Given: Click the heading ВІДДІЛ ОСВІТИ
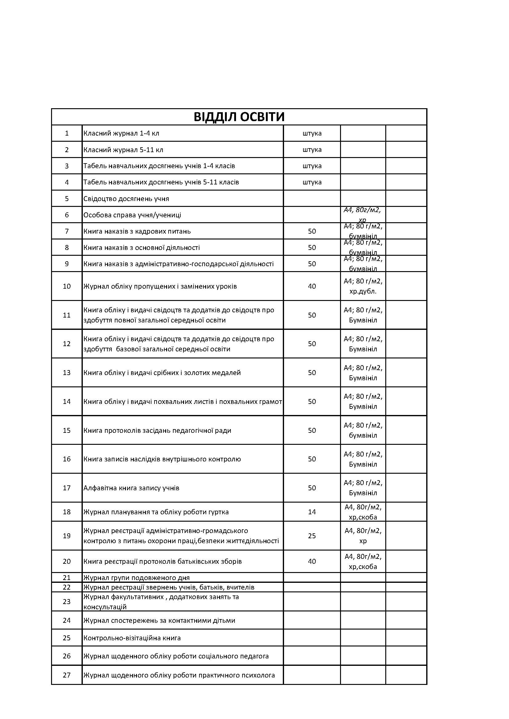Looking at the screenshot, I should pyautogui.click(x=239, y=117).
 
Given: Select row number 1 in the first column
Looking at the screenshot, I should pyautogui.click(x=67, y=133).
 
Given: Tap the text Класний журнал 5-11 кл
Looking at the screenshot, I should pyautogui.click(x=123, y=150).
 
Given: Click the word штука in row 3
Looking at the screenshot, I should pyautogui.click(x=312, y=166).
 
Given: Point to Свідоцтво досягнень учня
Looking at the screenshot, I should pyautogui.click(x=126, y=199).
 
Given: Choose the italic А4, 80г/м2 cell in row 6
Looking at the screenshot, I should pyautogui.click(x=363, y=214).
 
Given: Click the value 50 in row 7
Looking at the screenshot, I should pyautogui.click(x=312, y=231).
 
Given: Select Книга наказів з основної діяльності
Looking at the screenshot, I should pyautogui.click(x=141, y=247).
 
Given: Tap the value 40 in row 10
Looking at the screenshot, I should pyautogui.click(x=312, y=286).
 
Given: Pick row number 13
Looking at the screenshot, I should pyautogui.click(x=67, y=373).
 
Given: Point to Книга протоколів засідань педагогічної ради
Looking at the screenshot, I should pyautogui.click(x=157, y=430).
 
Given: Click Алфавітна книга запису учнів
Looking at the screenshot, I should pyautogui.click(x=131, y=488).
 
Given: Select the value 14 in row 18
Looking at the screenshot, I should pyautogui.click(x=312, y=512).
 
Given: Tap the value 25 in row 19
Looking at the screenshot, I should pyautogui.click(x=312, y=536).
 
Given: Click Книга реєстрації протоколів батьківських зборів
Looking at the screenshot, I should pyautogui.click(x=162, y=562).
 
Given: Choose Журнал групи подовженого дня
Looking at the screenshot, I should pyautogui.click(x=136, y=578).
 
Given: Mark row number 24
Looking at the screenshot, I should pyautogui.click(x=67, y=620).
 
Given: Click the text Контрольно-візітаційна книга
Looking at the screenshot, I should pyautogui.click(x=132, y=638).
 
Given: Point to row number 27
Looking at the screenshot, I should pyautogui.click(x=67, y=675).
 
